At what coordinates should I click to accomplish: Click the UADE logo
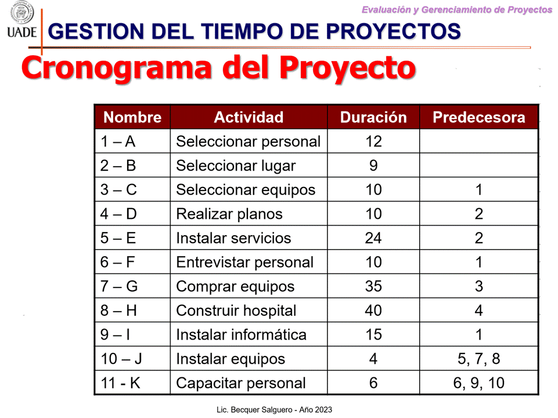click(x=21, y=20)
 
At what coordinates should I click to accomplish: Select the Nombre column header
click(x=132, y=117)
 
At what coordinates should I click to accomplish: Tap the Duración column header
click(x=373, y=117)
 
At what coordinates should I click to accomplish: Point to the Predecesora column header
click(x=478, y=117)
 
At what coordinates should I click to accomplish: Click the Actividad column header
click(x=249, y=117)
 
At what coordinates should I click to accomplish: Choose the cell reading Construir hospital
click(x=236, y=311)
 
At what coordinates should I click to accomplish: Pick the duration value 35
click(x=373, y=286)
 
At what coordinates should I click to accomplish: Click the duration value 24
click(x=373, y=238)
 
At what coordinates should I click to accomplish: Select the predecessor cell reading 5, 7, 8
click(x=478, y=359)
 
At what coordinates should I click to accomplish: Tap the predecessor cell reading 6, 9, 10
click(x=478, y=383)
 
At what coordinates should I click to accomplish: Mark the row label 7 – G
click(x=119, y=286)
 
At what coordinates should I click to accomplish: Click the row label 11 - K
click(x=120, y=383)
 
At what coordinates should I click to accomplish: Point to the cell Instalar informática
click(x=241, y=335)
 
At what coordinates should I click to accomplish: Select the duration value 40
click(x=373, y=311)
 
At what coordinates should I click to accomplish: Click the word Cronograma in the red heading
click(x=116, y=68)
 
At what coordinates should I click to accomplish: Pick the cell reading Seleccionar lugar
click(x=236, y=166)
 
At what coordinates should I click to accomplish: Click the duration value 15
click(x=373, y=335)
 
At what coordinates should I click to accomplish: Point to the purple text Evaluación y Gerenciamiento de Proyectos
click(x=456, y=10)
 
